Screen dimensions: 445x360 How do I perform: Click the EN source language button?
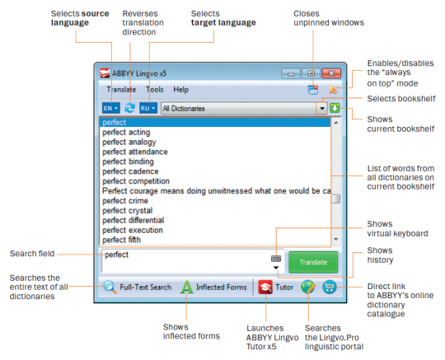[x=110, y=108]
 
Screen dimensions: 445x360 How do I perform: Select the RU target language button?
[x=148, y=108]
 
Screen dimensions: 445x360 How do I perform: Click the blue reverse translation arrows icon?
[x=129, y=108]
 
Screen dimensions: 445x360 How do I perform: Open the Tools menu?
[x=155, y=90]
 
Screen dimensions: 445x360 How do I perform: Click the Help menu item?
[x=180, y=90]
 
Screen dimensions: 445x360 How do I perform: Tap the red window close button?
[x=331, y=73]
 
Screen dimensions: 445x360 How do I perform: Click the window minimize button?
[x=291, y=73]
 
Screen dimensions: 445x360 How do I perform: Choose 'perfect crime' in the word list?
[x=125, y=200]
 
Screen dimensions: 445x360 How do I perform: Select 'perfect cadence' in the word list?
[x=130, y=171]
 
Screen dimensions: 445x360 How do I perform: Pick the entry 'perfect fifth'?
[x=121, y=240]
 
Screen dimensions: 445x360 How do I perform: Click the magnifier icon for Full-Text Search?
[x=110, y=287]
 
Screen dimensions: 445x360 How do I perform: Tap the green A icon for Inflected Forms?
[x=186, y=287]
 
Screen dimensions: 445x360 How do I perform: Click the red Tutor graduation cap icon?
[x=265, y=287]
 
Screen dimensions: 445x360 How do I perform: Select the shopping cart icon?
[x=330, y=287]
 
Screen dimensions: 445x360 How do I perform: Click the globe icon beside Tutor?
[x=308, y=287]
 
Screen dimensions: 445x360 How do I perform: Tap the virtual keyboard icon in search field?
[x=276, y=258]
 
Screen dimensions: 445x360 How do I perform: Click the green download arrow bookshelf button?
[x=335, y=108]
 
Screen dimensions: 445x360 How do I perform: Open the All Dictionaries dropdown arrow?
[x=322, y=108]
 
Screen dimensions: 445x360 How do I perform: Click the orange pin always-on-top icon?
[x=333, y=90]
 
